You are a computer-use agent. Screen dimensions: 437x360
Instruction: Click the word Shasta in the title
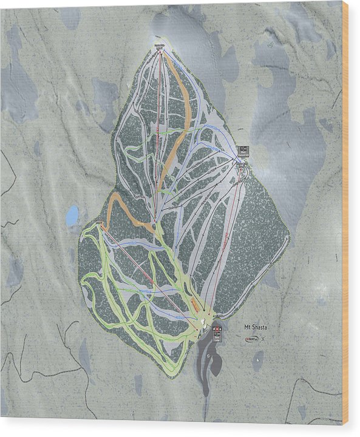(261, 327)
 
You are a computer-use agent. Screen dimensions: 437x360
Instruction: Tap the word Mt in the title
(247, 327)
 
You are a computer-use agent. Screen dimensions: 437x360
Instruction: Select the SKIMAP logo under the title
(250, 338)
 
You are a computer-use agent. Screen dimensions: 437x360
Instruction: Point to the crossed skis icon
(263, 338)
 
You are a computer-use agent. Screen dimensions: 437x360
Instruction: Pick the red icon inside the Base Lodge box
(215, 330)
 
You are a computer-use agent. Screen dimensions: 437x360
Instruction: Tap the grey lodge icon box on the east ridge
(243, 150)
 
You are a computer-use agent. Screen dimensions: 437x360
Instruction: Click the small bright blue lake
(72, 215)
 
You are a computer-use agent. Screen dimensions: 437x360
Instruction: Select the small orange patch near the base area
(194, 303)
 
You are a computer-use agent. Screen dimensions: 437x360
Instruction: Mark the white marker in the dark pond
(259, 362)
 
